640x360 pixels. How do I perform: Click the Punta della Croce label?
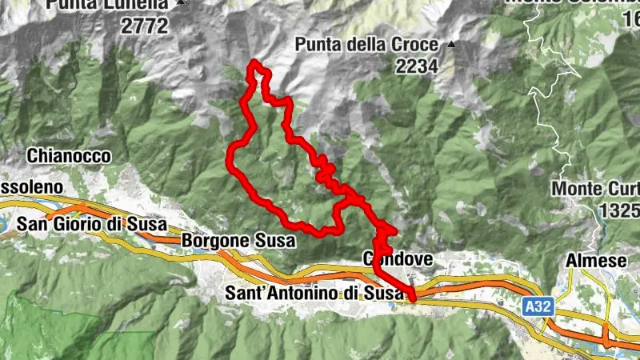tap(369, 45)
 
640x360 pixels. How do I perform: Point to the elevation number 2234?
tap(416, 66)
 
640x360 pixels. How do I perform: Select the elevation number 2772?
tap(145, 26)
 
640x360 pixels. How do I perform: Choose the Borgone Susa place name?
tap(238, 240)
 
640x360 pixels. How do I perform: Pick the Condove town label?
tap(398, 259)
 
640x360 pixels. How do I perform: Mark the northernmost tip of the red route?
tap(254, 62)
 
